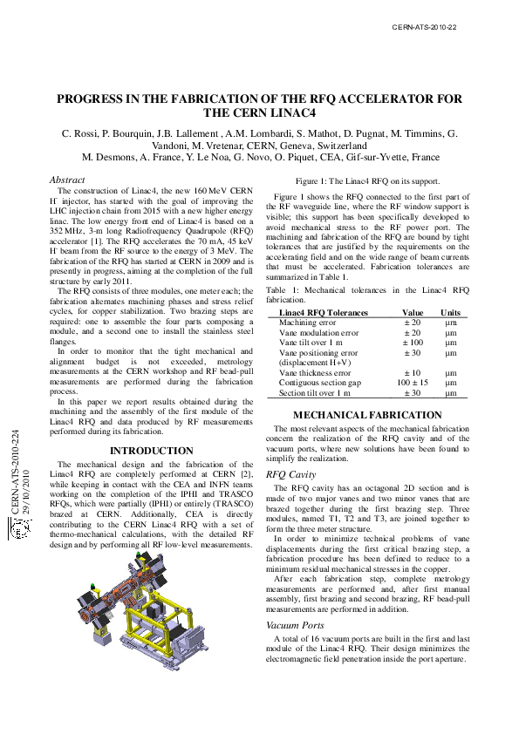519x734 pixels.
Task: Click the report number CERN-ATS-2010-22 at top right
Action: pyautogui.click(x=425, y=27)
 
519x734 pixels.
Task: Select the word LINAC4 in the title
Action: pyautogui.click(x=289, y=114)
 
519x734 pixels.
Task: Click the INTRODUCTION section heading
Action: pyautogui.click(x=151, y=451)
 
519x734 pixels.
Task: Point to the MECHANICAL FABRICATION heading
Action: pyautogui.click(x=366, y=415)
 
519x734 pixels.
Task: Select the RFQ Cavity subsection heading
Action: pyautogui.click(x=290, y=474)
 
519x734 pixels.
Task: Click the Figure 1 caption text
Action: pyautogui.click(x=366, y=180)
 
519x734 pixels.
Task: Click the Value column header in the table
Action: pyautogui.click(x=413, y=312)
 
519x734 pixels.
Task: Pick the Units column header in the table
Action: pyautogui.click(x=450, y=312)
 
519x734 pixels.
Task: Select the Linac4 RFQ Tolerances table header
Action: pyautogui.click(x=323, y=312)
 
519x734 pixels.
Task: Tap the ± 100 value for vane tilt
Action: pyautogui.click(x=413, y=343)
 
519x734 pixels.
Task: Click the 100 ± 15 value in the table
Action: pyautogui.click(x=413, y=383)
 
